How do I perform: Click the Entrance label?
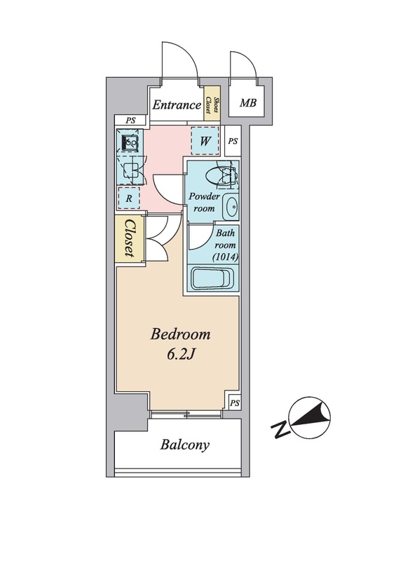coord(177,104)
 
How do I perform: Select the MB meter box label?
coord(248,103)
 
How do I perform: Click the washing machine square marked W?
coord(205,141)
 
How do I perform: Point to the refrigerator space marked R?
coord(129,198)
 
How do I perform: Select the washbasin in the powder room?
coord(231,207)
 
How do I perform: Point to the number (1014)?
coord(225,257)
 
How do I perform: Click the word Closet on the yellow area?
coord(130,238)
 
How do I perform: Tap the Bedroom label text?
coord(180,335)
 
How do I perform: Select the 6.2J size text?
coord(180,355)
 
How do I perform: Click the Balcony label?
coord(184,445)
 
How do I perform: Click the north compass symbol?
coord(310,417)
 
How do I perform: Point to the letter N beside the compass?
coord(280,429)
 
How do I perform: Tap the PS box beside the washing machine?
coord(233,142)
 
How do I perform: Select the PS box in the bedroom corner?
coord(234,403)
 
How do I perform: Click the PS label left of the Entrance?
coord(130,121)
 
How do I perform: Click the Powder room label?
coord(204,202)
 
